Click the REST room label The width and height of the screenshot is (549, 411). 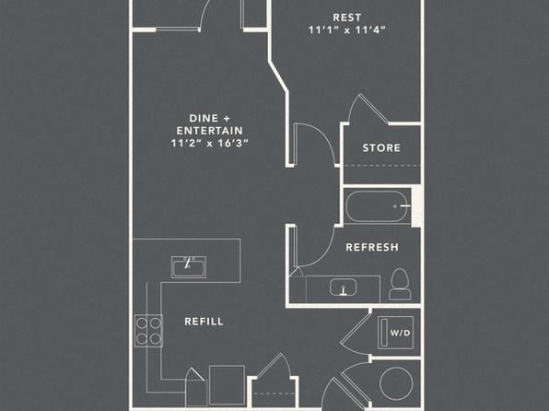click(346, 18)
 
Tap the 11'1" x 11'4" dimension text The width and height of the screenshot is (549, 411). click(346, 30)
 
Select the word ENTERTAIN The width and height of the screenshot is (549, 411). click(209, 131)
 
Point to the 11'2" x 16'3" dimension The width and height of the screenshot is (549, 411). click(209, 144)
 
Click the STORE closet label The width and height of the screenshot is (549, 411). click(381, 147)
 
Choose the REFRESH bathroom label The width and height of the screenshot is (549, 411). click(372, 247)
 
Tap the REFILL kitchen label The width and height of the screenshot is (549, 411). click(204, 322)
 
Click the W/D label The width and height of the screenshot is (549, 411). click(400, 333)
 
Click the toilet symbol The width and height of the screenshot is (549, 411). click(400, 284)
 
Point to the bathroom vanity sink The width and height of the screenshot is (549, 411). click(344, 288)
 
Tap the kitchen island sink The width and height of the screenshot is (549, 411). click(188, 267)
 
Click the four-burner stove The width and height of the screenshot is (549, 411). click(148, 331)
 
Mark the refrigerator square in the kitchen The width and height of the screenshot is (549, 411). click(227, 385)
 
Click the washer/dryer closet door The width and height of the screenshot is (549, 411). click(356, 329)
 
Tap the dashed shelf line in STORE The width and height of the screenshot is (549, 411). click(382, 165)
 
